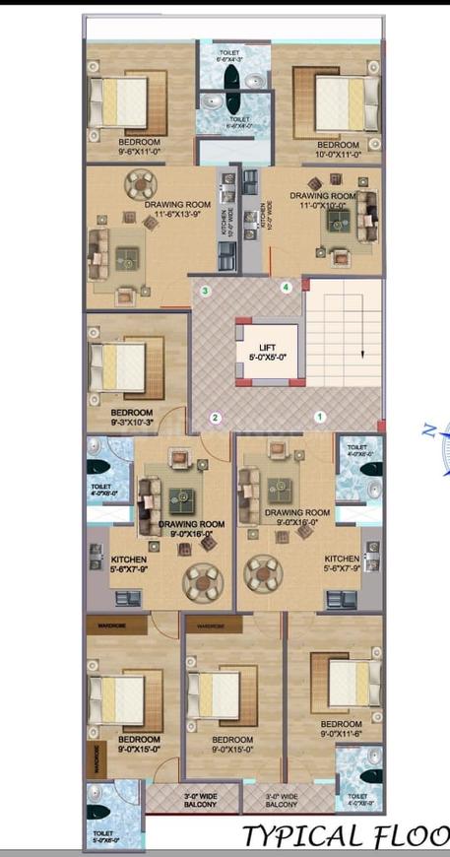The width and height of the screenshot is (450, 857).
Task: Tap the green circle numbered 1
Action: pos(319,417)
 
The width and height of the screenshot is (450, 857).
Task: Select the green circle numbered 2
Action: pos(215,417)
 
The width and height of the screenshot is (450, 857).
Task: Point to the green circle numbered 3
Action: pos(205,291)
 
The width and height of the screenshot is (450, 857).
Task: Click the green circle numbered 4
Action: pos(287,288)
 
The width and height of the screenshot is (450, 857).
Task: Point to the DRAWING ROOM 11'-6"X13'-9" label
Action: pos(172,210)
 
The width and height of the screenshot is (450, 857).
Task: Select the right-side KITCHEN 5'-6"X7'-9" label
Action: pos(342,562)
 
